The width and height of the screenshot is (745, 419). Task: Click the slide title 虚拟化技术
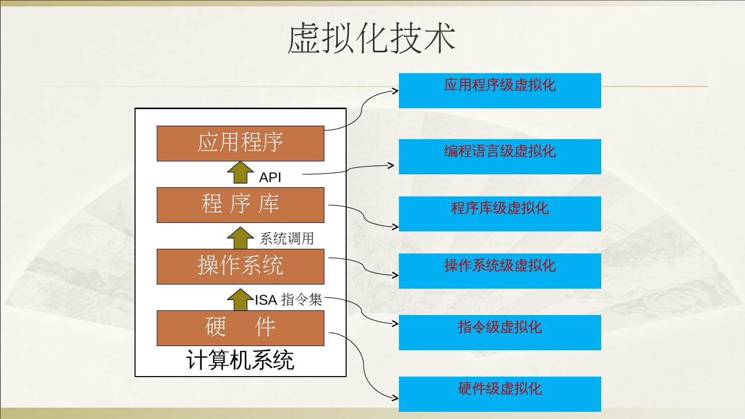click(371, 38)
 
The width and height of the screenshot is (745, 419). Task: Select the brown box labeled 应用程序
click(241, 143)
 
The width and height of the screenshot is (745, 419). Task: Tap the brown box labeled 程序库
click(241, 205)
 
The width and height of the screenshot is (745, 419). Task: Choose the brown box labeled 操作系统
click(241, 266)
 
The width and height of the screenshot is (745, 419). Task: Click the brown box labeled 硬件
click(241, 328)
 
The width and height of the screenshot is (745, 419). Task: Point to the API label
click(270, 177)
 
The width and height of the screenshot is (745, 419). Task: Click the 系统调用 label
click(287, 238)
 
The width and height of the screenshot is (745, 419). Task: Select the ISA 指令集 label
click(288, 300)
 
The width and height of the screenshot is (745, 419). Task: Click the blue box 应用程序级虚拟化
click(500, 91)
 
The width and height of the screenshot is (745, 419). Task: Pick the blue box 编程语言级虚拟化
click(500, 156)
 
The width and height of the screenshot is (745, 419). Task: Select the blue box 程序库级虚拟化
click(500, 214)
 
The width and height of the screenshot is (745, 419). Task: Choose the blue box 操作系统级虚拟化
click(500, 271)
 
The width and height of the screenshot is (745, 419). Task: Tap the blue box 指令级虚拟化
click(500, 332)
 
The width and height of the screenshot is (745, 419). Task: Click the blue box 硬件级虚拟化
click(500, 394)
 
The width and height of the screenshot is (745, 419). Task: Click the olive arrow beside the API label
click(240, 173)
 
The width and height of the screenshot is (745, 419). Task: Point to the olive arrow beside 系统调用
click(240, 237)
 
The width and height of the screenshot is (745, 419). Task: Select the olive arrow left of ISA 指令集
click(240, 299)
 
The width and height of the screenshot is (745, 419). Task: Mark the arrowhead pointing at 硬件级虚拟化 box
click(396, 398)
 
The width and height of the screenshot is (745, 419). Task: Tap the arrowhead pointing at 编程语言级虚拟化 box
click(392, 166)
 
